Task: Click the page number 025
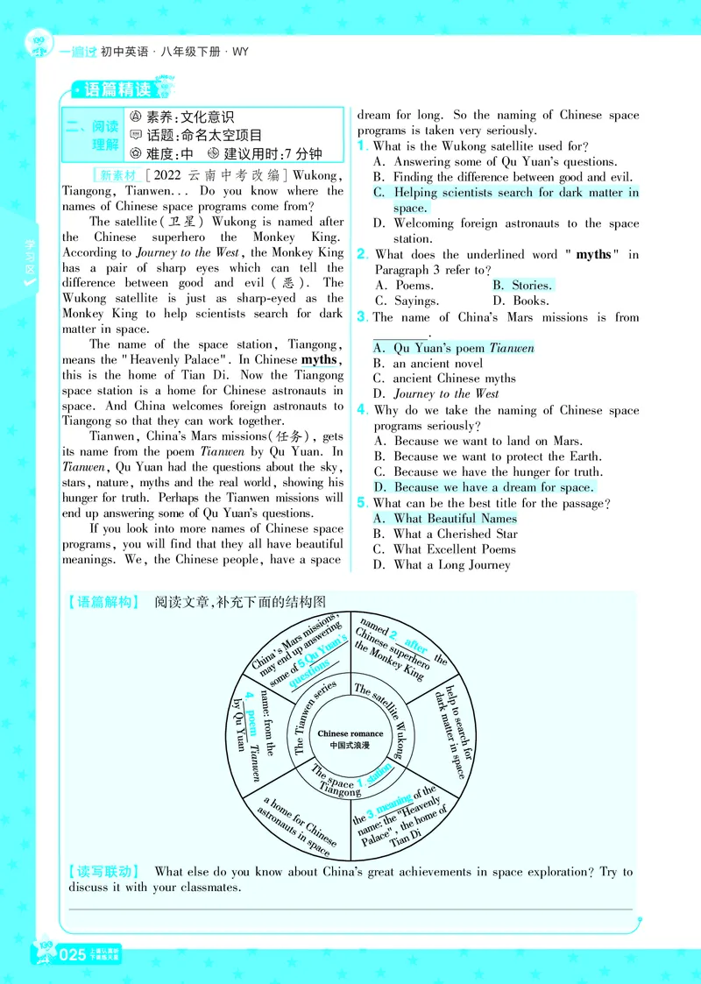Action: coord(72,954)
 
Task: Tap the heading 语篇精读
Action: coord(117,89)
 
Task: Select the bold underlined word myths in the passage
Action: coord(320,360)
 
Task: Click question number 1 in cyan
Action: coord(362,146)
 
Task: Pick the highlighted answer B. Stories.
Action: coord(522,286)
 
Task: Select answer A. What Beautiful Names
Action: coord(445,519)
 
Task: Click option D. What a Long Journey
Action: coord(442,565)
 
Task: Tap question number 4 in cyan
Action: coord(363,410)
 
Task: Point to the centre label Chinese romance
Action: coord(350,733)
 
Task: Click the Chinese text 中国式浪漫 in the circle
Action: coord(350,746)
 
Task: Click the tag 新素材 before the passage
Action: coord(117,176)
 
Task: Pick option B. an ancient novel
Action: coord(428,364)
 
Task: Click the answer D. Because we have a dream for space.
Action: coord(483,487)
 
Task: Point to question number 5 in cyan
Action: coord(362,503)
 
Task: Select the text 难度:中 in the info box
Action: coord(161,153)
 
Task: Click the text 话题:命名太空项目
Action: coord(195,135)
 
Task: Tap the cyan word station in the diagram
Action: coord(379,774)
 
